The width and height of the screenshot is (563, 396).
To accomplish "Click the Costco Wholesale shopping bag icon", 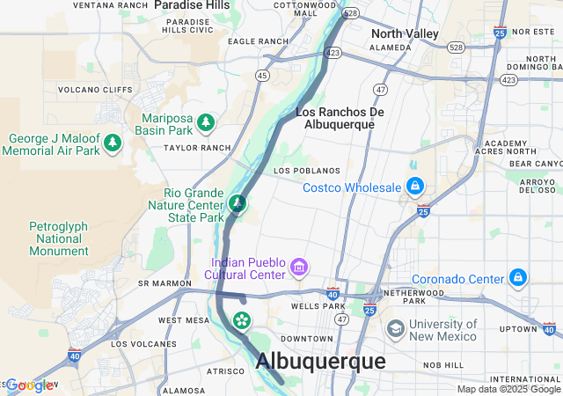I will [x=414, y=187].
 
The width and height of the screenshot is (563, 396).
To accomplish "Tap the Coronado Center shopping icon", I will [x=518, y=279].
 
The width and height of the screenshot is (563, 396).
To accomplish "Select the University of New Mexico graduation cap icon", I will [x=396, y=328].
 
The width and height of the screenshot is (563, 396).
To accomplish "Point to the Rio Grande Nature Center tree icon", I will [x=237, y=204].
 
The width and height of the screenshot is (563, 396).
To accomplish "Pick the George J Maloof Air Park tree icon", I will [x=112, y=142].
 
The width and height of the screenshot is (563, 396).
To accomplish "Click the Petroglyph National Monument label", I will [x=59, y=238].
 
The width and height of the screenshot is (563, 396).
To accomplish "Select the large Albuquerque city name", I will [x=320, y=362].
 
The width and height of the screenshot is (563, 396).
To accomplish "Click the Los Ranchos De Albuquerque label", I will [x=340, y=118].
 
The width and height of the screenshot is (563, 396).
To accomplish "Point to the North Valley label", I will [x=405, y=33].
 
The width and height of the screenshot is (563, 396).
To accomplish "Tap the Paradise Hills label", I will [x=192, y=5].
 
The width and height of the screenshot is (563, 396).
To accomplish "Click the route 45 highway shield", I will [x=262, y=76].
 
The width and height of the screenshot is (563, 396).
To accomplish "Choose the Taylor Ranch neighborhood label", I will [x=196, y=149].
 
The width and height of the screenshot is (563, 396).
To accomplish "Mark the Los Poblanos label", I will [x=306, y=170].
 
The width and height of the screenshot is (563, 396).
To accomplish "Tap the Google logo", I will [x=28, y=385].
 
